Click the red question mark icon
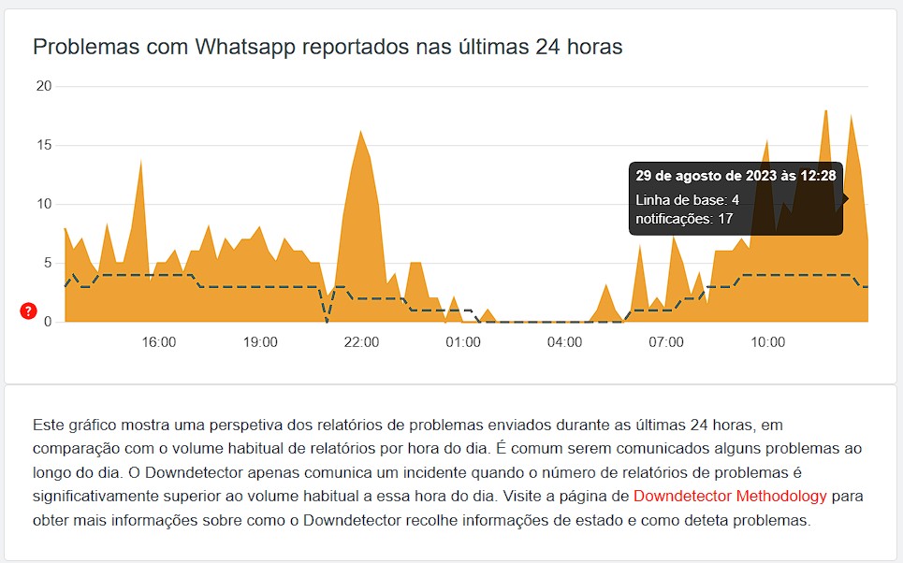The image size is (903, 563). click(x=28, y=311)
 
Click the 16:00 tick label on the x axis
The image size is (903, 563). click(x=159, y=342)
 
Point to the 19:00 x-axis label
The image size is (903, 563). click(x=260, y=342)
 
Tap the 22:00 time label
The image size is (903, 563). click(x=361, y=342)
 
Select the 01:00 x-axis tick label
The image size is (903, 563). click(x=463, y=342)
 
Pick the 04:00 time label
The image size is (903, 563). click(x=564, y=342)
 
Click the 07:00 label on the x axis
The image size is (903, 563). click(x=666, y=342)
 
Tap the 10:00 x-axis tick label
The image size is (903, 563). click(x=767, y=342)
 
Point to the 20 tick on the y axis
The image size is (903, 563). click(x=42, y=86)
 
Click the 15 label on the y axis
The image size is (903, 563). click(x=42, y=145)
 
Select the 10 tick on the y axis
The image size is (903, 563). click(x=42, y=204)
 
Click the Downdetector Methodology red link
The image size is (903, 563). click(x=730, y=496)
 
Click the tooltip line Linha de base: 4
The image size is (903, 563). click(x=687, y=200)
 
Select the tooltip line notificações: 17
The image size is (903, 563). click(x=684, y=220)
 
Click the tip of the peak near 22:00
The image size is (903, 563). click(x=360, y=131)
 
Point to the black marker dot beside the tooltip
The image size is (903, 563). click(x=845, y=198)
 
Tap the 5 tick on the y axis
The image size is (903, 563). click(x=47, y=263)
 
